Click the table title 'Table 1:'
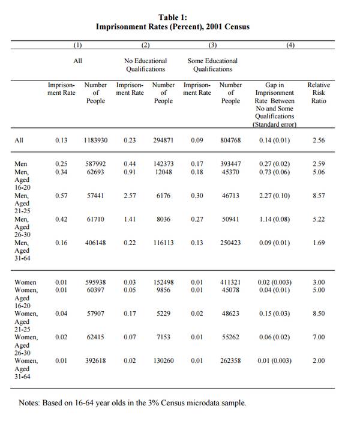pyautogui.click(x=173, y=17)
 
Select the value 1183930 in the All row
pyautogui.click(x=96, y=140)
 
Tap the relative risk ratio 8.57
pyautogui.click(x=319, y=196)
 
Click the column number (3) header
pyautogui.click(x=212, y=46)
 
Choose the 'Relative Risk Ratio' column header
pyautogui.click(x=319, y=93)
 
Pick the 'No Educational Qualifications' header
pyautogui.click(x=145, y=65)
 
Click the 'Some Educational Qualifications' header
pyautogui.click(x=212, y=65)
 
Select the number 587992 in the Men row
pyautogui.click(x=96, y=164)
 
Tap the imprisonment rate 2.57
pyautogui.click(x=130, y=196)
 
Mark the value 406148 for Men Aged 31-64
pyautogui.click(x=96, y=243)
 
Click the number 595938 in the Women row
pyautogui.click(x=96, y=282)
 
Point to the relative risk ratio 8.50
pyautogui.click(x=319, y=313)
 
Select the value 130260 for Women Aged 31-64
pyautogui.click(x=163, y=360)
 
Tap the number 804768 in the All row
pyautogui.click(x=230, y=140)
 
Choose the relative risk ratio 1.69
pyautogui.click(x=319, y=243)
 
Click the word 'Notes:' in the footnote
pyautogui.click(x=29, y=403)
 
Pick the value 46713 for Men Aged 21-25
pyautogui.click(x=230, y=196)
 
